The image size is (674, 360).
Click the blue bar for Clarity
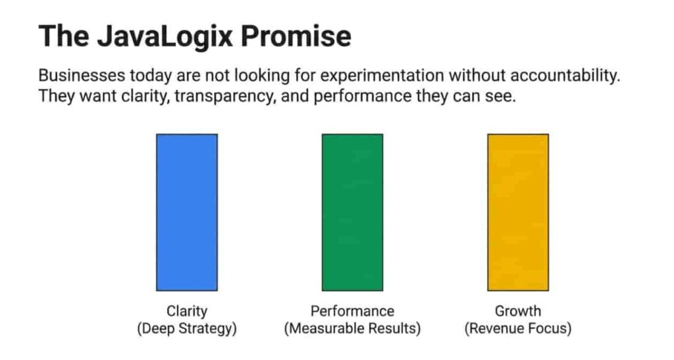187,212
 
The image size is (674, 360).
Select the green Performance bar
353,212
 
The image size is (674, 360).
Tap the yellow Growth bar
518,212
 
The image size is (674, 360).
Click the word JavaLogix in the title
165,36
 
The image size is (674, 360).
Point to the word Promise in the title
296,36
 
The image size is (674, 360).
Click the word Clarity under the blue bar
187,311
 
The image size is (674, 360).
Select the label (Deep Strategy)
187,328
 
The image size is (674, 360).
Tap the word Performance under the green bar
353,311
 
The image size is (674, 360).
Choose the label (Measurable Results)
353,328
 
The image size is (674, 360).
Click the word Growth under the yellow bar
518,311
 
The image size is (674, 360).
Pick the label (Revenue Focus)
518,328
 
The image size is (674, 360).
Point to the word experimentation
382,76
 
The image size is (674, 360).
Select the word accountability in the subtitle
565,76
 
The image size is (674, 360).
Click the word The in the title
64,36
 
